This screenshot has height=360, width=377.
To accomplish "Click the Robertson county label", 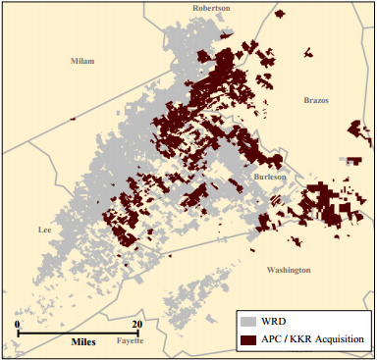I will (210, 8).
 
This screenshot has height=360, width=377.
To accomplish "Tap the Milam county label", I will (82, 61).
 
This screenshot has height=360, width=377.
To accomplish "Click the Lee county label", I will (44, 230).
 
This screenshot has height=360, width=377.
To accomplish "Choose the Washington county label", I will (289, 270).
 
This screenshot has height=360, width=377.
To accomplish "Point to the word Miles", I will (83, 343).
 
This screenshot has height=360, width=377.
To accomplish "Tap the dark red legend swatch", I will (250, 339).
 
